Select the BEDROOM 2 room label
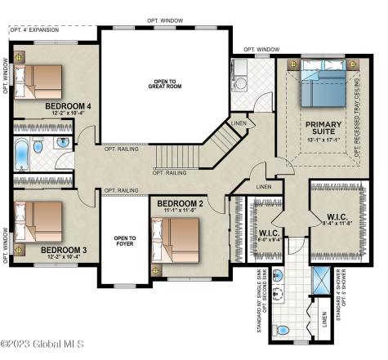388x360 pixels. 180,203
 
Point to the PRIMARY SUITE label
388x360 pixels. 323,129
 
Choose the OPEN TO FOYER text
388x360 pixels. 125,241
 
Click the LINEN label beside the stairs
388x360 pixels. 239,123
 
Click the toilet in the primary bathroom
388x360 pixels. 281,331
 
